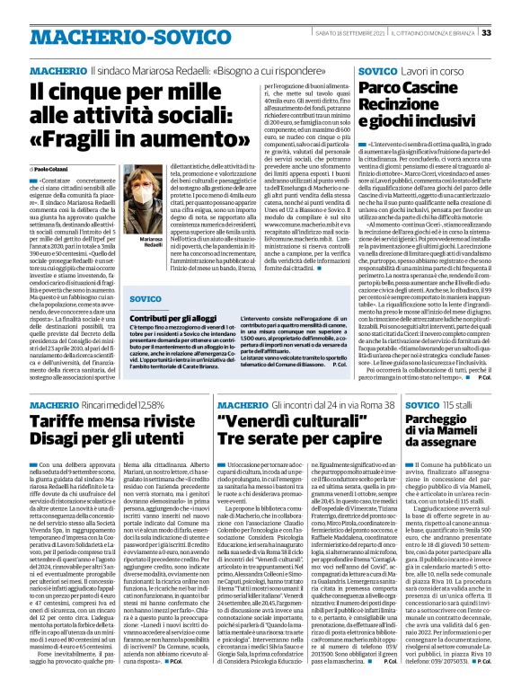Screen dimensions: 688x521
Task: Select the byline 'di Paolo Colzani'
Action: tap(55, 168)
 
